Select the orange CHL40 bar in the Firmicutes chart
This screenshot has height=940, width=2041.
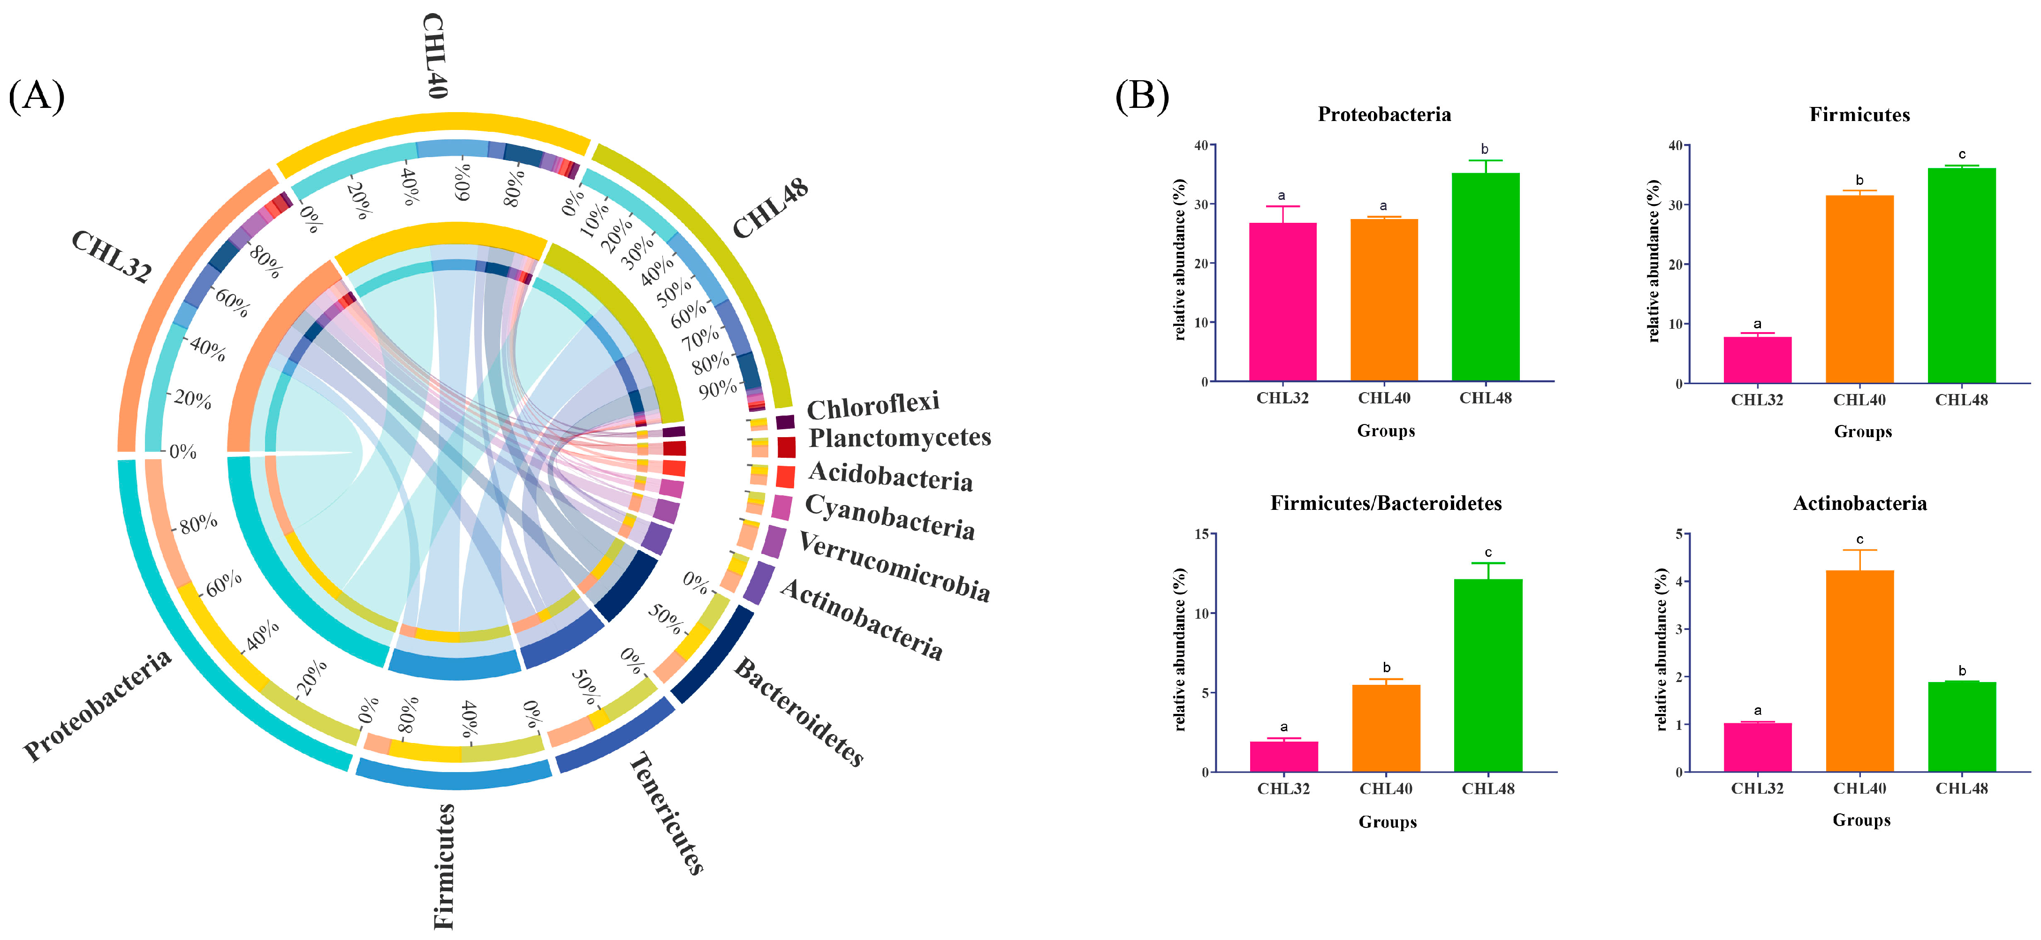[1859, 289]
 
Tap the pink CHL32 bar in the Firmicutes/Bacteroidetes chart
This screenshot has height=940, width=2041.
[1283, 757]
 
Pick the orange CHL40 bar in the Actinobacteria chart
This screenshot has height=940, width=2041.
[1859, 670]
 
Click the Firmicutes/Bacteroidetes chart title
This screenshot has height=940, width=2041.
[1386, 503]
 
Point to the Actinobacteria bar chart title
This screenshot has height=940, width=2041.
[1859, 503]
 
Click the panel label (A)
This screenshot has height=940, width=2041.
[37, 97]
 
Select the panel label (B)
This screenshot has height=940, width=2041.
[1142, 97]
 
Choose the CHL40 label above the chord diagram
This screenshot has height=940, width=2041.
[435, 55]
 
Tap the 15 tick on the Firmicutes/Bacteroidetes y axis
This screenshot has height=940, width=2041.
[1202, 534]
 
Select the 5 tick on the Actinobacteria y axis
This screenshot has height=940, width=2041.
[1678, 534]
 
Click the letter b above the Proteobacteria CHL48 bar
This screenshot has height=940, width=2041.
[1485, 149]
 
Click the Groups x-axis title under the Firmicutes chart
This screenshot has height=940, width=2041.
[1863, 432]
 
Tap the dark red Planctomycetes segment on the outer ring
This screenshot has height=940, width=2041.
[786, 447]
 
